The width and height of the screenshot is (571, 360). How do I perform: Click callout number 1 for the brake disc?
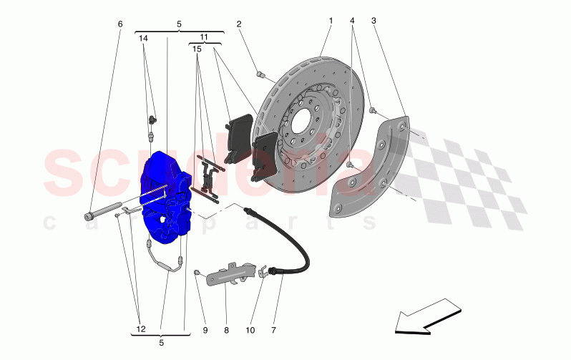331,21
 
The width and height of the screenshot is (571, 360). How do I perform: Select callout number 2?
239,24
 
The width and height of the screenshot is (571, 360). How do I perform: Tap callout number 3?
374,21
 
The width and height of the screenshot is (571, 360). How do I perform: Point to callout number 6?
120,24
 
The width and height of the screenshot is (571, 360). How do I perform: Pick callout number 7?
273,331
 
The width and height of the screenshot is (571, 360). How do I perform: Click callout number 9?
205,331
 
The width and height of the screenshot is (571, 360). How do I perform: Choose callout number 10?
250,331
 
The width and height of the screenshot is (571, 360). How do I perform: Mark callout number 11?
204,37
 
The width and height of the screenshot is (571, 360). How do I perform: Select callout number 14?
143,37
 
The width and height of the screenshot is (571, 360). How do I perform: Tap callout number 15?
196,50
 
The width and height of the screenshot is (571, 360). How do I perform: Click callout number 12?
141,330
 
